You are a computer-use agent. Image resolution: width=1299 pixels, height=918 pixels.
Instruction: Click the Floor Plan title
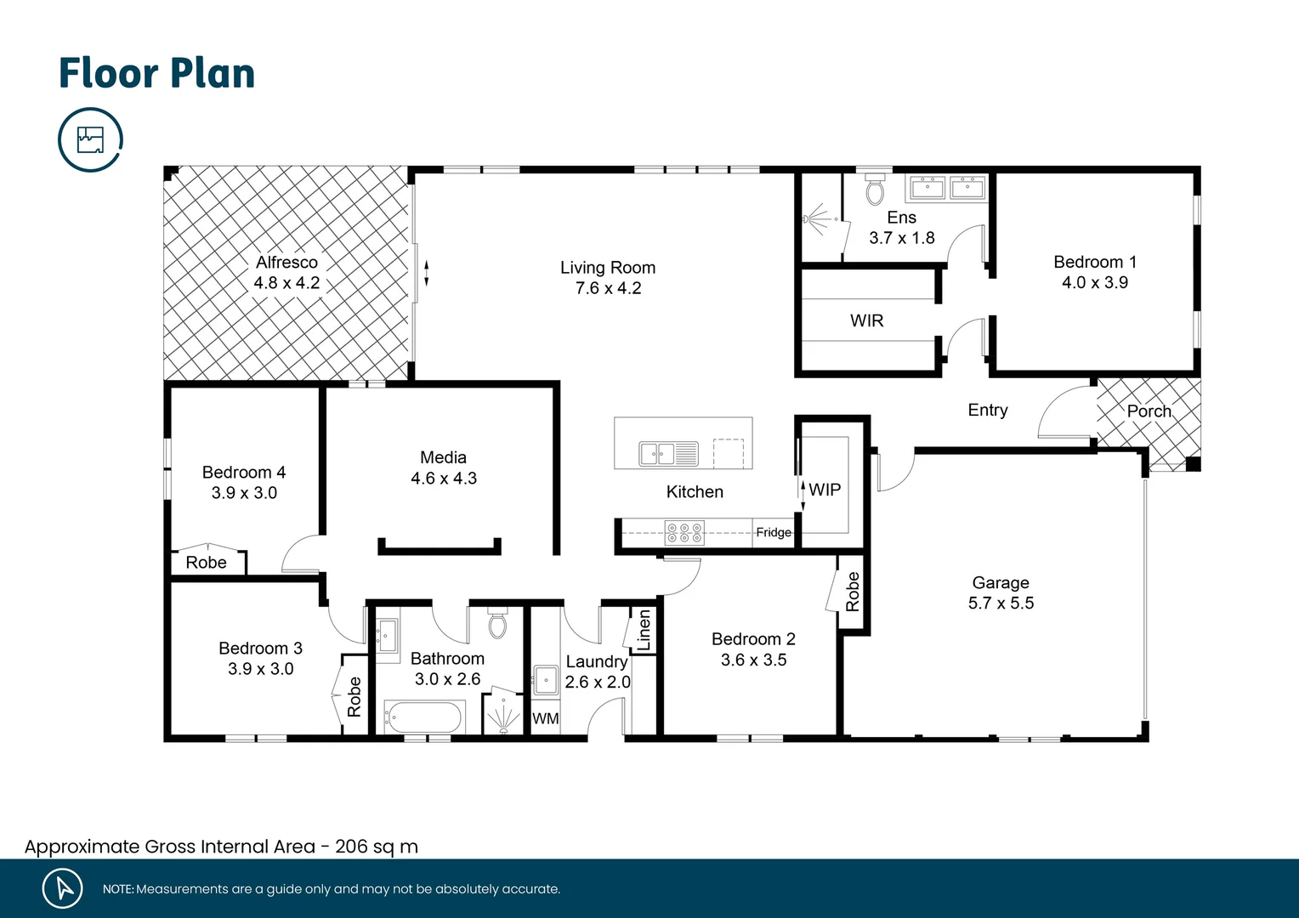click(x=156, y=73)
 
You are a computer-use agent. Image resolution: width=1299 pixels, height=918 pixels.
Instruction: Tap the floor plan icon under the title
click(x=90, y=139)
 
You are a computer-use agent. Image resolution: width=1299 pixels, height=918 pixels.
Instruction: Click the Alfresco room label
click(x=286, y=263)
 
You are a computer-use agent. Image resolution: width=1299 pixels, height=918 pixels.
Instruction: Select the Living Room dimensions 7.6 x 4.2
click(x=608, y=289)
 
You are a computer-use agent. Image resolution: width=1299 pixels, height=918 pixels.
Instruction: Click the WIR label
click(x=866, y=320)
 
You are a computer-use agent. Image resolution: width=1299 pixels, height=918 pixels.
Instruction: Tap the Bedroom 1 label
click(x=1094, y=262)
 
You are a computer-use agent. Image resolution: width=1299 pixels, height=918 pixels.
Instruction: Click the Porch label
click(x=1149, y=411)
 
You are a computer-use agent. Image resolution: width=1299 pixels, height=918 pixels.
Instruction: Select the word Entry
click(x=987, y=410)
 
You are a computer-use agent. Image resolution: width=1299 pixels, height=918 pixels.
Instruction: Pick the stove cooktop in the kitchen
click(x=684, y=533)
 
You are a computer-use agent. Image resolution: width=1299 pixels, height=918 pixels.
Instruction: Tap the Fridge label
click(x=773, y=532)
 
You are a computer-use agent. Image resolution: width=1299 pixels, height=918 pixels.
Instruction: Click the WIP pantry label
click(x=825, y=490)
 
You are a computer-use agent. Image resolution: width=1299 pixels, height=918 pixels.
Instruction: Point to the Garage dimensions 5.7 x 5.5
click(x=1001, y=603)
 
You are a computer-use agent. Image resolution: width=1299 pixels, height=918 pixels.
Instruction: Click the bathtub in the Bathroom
click(x=423, y=717)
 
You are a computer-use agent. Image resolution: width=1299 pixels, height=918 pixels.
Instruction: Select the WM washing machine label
click(x=545, y=719)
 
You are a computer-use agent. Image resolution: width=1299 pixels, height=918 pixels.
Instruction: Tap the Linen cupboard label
click(x=644, y=630)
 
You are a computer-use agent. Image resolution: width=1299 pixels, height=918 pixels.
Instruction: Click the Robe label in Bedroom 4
click(x=206, y=563)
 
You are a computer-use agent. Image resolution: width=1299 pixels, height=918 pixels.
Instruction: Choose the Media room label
click(x=443, y=457)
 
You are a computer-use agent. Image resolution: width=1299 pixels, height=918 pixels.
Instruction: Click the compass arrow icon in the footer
click(x=63, y=888)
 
